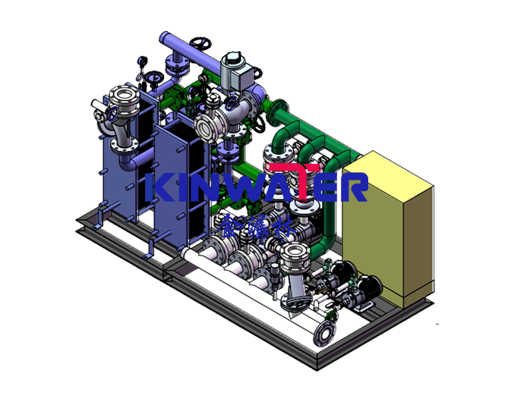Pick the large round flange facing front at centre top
coord(206,127)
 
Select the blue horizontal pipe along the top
coord(182,41)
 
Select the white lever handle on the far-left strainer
coord(96,105)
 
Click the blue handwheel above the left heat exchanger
coord(154,77)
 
